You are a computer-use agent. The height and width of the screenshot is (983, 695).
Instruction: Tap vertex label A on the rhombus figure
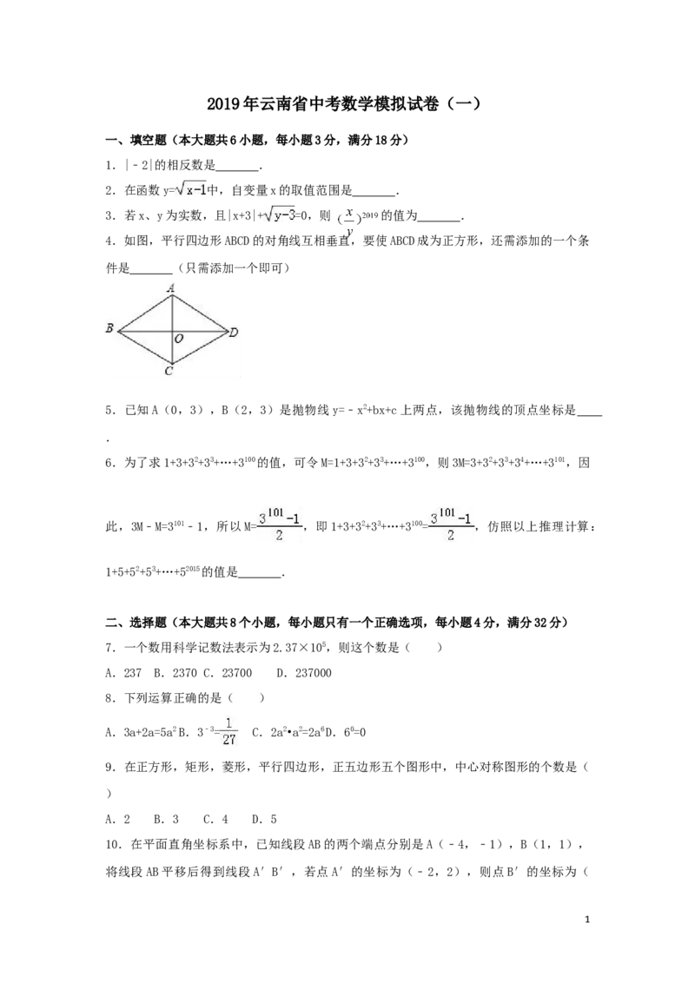tap(170, 287)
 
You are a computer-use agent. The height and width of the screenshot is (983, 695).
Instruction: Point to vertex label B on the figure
tap(109, 327)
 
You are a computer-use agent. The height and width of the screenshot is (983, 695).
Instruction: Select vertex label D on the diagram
tap(234, 333)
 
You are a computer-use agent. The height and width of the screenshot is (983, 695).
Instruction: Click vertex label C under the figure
tap(169, 371)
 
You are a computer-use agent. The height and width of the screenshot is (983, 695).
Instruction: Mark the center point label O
tap(179, 339)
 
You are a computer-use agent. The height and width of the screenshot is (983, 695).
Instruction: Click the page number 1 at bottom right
tap(586, 920)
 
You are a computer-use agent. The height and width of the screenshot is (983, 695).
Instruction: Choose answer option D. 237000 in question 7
tap(304, 673)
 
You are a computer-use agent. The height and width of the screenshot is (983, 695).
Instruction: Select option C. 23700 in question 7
tap(228, 673)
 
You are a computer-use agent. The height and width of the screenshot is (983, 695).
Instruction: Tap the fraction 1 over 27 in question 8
tap(229, 731)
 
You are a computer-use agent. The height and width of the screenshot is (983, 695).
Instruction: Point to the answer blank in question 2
tap(374, 191)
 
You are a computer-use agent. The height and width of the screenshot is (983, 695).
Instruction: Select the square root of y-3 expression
tap(280, 214)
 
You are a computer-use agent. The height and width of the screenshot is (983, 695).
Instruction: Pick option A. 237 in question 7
tap(123, 673)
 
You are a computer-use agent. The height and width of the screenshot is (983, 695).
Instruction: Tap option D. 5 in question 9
tap(264, 820)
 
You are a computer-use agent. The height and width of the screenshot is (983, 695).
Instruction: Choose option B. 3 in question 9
tap(166, 820)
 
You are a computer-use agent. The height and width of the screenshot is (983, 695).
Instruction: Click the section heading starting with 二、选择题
tap(337, 623)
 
